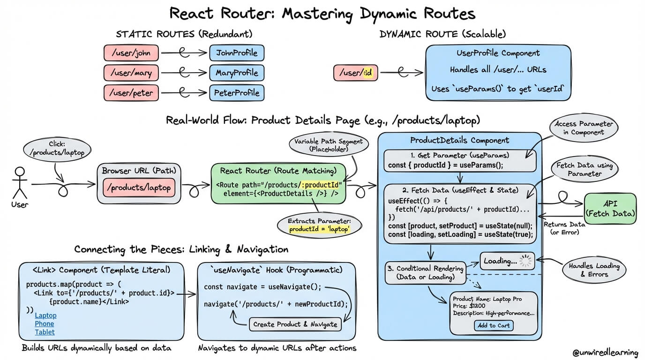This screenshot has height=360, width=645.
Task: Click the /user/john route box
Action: (131, 53)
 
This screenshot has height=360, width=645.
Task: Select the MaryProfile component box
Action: (237, 73)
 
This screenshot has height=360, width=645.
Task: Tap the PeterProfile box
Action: (237, 93)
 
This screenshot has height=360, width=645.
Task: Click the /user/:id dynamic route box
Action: (356, 73)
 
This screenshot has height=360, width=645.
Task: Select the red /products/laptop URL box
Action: (139, 188)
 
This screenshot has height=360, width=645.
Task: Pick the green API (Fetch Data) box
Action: (610, 209)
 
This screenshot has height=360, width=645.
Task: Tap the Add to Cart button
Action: (493, 325)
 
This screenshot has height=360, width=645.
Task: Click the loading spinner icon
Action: (527, 261)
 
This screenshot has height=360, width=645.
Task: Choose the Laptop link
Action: (45, 315)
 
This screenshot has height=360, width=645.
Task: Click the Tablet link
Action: (45, 332)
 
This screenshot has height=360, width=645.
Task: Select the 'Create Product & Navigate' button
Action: (295, 324)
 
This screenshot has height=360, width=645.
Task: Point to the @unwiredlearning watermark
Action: (605, 352)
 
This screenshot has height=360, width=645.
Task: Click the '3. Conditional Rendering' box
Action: (425, 273)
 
